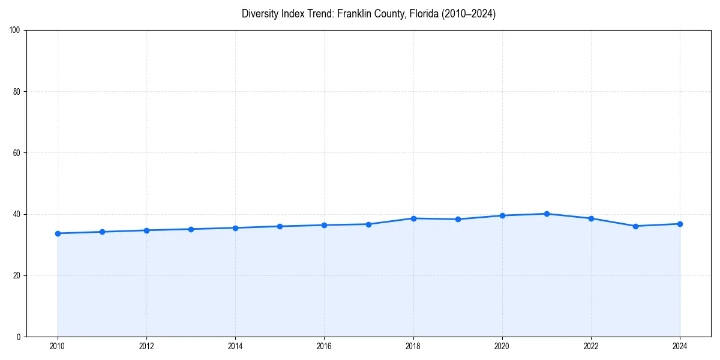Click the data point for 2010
58,233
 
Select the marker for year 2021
547,214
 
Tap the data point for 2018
413,218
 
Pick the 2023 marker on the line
635,226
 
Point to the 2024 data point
680,224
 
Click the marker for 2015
280,226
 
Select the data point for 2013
191,229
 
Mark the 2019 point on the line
458,219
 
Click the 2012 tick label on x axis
146,346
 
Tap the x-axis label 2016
324,346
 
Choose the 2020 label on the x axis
502,346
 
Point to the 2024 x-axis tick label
680,346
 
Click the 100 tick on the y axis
15,30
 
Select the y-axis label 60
17,153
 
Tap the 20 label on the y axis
17,275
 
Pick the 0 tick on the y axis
19,337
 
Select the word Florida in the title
424,14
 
